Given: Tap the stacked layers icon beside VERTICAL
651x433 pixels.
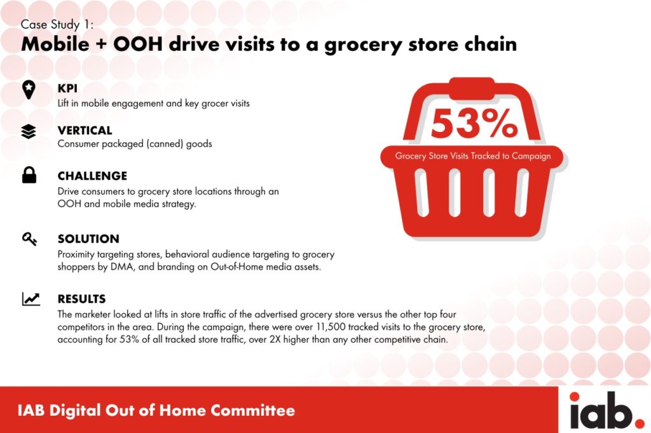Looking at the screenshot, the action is [29, 131].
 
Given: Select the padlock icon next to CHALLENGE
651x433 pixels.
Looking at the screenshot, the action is [29, 175].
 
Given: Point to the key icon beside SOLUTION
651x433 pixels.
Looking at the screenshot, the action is [29, 239].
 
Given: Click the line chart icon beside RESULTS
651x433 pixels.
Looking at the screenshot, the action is [31, 299].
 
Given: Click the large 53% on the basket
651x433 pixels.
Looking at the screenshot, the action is [474, 123].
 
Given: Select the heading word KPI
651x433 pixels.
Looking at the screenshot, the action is [67, 88].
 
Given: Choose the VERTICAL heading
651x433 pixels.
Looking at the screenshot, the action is [85, 130].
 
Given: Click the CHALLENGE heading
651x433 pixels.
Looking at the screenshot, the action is [92, 176].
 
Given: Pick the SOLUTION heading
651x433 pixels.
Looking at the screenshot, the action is [88, 239].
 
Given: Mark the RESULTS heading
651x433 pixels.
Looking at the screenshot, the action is [82, 299].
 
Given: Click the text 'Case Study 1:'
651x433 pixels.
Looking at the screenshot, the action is [57, 25].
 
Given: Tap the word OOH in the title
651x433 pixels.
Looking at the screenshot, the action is [138, 44].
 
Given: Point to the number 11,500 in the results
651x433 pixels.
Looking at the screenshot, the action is [331, 327].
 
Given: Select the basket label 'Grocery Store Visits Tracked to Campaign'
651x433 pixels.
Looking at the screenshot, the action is [473, 156].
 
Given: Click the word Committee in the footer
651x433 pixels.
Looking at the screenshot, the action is [252, 410].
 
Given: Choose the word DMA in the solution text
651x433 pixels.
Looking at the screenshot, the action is [122, 267].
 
